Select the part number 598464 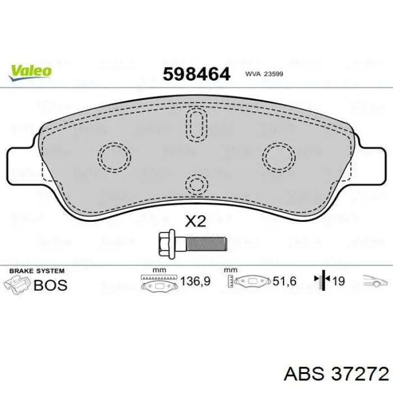[196, 74]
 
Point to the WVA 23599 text [263, 74]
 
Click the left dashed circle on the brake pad [114, 156]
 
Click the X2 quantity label [196, 221]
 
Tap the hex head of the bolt [167, 244]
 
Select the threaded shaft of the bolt [205, 244]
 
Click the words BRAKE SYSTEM [34, 271]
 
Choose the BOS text [51, 285]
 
